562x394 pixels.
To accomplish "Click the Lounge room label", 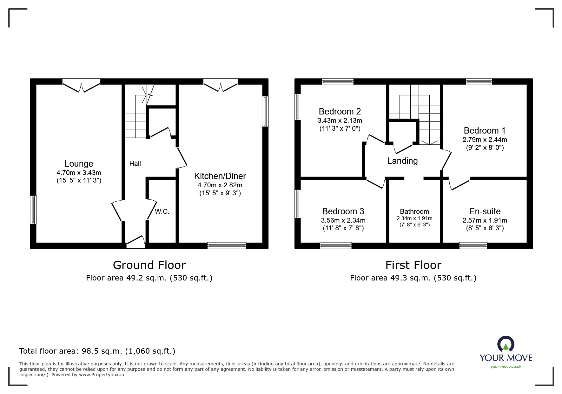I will tap(79, 164).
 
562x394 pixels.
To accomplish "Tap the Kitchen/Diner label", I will tap(220, 176).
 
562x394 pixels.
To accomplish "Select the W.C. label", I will tap(162, 212).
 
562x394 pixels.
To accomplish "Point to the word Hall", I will tap(135, 164).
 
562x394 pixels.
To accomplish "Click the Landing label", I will tap(402, 161).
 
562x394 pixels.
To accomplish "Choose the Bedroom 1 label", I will tap(484, 131).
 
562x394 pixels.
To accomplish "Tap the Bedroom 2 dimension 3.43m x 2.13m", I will tap(340, 121).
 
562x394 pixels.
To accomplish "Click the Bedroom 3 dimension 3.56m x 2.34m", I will tap(343, 220).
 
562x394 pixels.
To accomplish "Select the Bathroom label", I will tap(414, 211).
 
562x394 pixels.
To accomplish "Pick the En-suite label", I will tap(485, 211).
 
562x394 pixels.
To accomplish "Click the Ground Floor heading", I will tap(149, 265).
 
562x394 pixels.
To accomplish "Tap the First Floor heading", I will tap(413, 265).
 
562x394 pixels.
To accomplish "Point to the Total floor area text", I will tap(97, 351).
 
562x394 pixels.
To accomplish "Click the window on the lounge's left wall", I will tap(33, 210).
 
